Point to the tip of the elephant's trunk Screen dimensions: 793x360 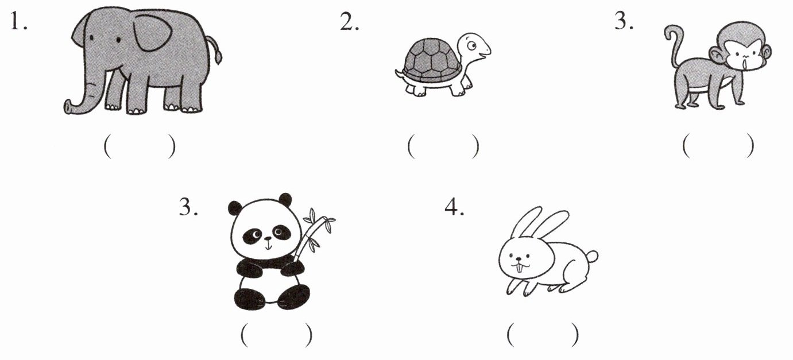tap(67, 107)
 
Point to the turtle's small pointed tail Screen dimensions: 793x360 tap(399, 73)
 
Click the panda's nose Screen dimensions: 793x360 tap(268, 239)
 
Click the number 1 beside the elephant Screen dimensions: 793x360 tap(18, 21)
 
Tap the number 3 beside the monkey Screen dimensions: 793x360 tap(624, 21)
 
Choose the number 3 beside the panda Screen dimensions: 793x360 tap(188, 207)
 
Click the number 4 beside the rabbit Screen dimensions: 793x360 tap(454, 207)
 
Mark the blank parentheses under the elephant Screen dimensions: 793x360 tap(140, 146)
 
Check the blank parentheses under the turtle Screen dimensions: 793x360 tap(443, 146)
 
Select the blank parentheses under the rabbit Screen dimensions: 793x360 tap(543, 335)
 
